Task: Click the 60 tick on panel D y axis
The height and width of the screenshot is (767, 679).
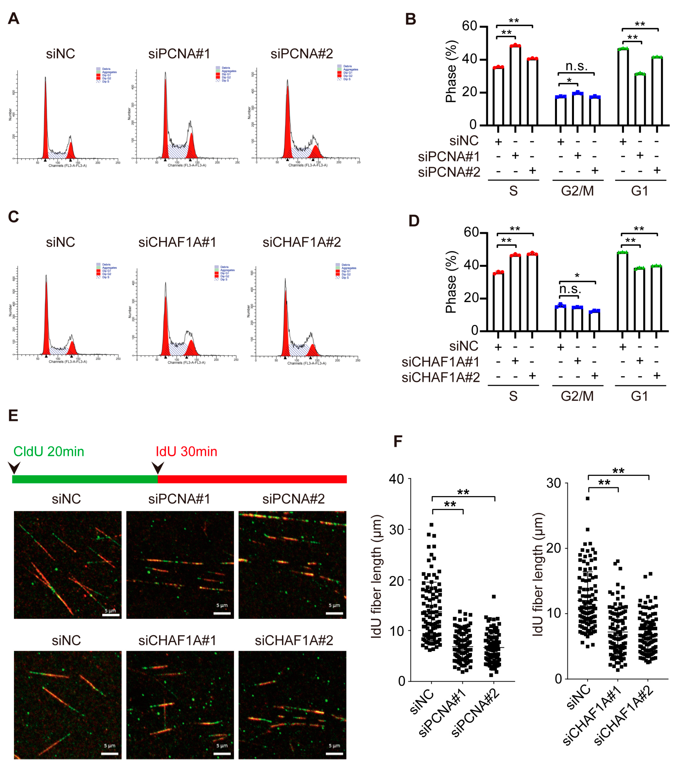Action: pyautogui.click(x=471, y=232)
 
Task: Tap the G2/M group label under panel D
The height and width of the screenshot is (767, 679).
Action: pyautogui.click(x=577, y=396)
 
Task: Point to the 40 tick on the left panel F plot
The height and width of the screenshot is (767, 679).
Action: pyautogui.click(x=396, y=479)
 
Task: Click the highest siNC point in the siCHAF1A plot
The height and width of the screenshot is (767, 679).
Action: pyautogui.click(x=587, y=498)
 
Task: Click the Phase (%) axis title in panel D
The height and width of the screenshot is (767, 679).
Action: pyautogui.click(x=451, y=282)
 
